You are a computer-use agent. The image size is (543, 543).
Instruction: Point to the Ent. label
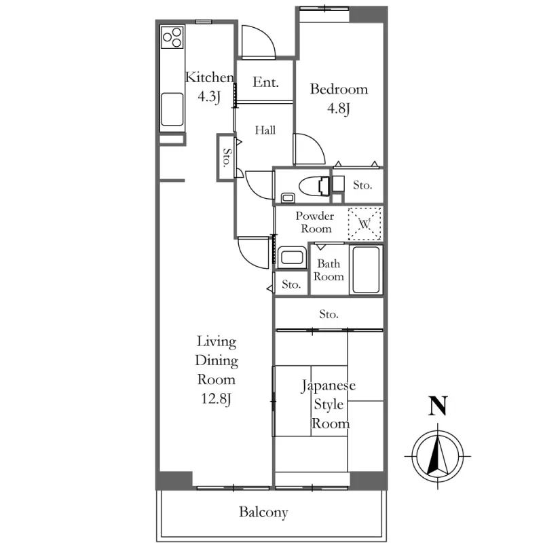tap(265, 83)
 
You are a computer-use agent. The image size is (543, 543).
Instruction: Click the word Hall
tap(265, 130)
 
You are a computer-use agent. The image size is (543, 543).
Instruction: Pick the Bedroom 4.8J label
tap(339, 98)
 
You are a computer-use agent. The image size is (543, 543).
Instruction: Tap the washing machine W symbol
tap(364, 223)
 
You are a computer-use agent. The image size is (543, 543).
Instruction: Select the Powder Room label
tap(314, 223)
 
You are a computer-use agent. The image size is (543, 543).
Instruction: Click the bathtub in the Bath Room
tap(367, 269)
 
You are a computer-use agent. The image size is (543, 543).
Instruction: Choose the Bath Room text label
tap(329, 270)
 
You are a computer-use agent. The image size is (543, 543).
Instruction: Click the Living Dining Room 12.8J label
tap(217, 370)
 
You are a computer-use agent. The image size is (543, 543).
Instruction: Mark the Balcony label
tap(263, 512)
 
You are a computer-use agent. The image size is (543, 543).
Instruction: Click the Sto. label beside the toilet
tap(362, 185)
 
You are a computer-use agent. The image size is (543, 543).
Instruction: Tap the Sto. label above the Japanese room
tap(329, 315)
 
